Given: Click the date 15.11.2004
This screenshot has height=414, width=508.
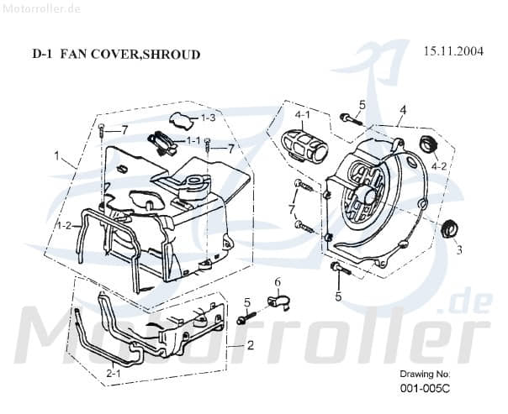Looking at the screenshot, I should pyautogui.click(x=452, y=51).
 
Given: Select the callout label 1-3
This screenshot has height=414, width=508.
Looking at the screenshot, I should pyautogui.click(x=207, y=118).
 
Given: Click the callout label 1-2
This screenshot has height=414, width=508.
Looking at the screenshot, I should pyautogui.click(x=64, y=226).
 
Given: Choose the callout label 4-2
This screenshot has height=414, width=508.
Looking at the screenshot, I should pyautogui.click(x=439, y=166).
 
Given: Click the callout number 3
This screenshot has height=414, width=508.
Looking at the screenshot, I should pyautogui.click(x=458, y=250).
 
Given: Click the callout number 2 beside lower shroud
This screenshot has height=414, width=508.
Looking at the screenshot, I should pyautogui.click(x=250, y=345).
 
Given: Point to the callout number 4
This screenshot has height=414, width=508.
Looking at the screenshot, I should pyautogui.click(x=403, y=110).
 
